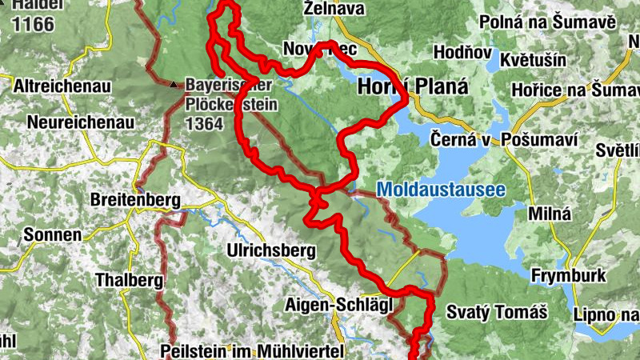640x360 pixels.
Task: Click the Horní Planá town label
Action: click(413, 86)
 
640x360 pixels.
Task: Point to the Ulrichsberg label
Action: click(272, 250)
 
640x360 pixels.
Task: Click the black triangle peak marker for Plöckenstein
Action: click(174, 83)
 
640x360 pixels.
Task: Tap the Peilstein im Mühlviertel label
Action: click(251, 350)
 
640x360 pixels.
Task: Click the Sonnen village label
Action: click(53, 235)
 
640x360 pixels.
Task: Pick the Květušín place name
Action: click(533, 60)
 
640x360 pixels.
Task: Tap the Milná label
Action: click(550, 214)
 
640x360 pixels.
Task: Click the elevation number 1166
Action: click(33, 24)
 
